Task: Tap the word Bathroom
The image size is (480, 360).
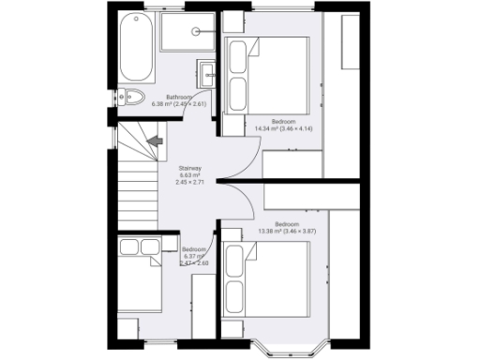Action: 179,97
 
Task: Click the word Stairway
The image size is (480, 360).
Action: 190,169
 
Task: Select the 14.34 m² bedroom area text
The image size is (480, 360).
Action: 283,129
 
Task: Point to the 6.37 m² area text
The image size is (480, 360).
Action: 194,256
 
